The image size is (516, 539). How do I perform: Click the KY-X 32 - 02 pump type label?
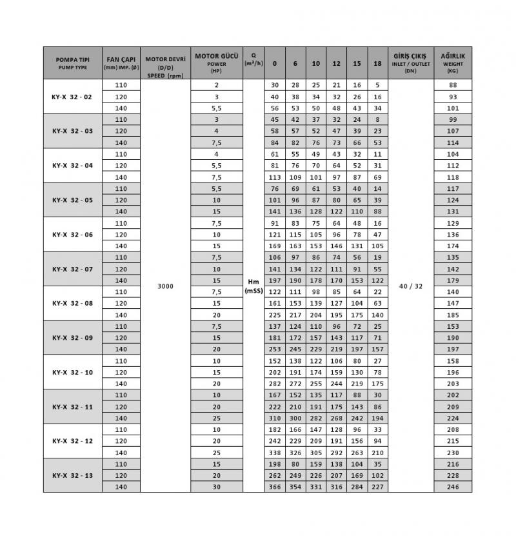pyautogui.click(x=72, y=97)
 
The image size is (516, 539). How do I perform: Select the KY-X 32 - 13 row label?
pyautogui.click(x=72, y=475)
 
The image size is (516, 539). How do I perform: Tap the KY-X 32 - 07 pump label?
pyautogui.click(x=72, y=269)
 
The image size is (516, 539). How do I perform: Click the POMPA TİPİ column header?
pyautogui.click(x=72, y=63)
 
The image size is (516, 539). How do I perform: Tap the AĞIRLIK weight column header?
pyautogui.click(x=452, y=63)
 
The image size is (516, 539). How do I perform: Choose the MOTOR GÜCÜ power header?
pyautogui.click(x=217, y=63)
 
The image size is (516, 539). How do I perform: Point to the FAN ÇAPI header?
pyautogui.click(x=121, y=63)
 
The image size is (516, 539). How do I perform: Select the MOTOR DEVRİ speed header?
pyautogui.click(x=166, y=63)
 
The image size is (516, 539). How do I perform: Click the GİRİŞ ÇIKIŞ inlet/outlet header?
pyautogui.click(x=410, y=63)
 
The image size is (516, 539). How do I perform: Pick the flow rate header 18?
pyautogui.click(x=377, y=63)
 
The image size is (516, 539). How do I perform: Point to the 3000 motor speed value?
pyautogui.click(x=166, y=286)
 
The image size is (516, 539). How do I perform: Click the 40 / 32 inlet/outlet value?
pyautogui.click(x=410, y=286)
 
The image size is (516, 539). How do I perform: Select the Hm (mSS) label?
pyautogui.click(x=253, y=286)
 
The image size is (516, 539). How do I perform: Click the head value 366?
pyautogui.click(x=275, y=487)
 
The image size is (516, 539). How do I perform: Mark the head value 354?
pyautogui.click(x=295, y=487)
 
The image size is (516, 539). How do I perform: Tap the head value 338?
pyautogui.click(x=275, y=453)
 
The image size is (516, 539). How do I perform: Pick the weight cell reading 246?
pyautogui.click(x=452, y=487)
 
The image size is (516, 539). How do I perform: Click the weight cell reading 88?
pyautogui.click(x=452, y=85)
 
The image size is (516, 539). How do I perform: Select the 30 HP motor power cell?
pyautogui.click(x=217, y=487)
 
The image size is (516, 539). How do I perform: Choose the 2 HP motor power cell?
pyautogui.click(x=217, y=85)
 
